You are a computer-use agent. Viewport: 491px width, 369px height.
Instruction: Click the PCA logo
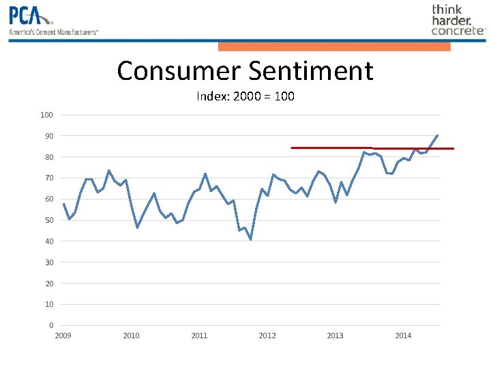tap(53, 20)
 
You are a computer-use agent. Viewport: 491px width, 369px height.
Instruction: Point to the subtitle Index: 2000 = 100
tap(245, 96)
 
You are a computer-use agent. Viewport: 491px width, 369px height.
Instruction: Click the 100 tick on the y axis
tap(46, 115)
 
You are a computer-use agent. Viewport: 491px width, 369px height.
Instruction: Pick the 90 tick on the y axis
tap(48, 136)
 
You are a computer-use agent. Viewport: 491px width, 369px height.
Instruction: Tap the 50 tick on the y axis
tap(48, 220)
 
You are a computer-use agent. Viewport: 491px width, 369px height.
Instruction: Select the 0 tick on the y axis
tap(51, 325)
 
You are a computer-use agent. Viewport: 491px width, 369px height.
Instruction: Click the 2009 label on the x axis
tap(63, 336)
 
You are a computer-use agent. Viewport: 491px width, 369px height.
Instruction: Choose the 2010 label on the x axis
tap(131, 336)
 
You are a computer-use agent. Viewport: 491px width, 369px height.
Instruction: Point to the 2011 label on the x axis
tap(199, 336)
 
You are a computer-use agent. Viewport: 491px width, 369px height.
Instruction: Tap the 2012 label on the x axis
tap(267, 336)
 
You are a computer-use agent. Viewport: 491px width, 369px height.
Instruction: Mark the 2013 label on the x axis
tap(336, 336)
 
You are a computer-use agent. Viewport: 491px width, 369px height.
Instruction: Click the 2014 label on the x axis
tap(404, 336)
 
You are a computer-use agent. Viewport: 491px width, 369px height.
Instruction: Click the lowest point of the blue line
tap(251, 239)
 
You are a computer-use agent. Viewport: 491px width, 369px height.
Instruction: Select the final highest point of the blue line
tap(437, 135)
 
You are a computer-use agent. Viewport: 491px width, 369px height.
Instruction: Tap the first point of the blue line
tap(63, 204)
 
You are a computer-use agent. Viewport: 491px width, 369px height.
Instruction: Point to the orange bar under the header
tap(334, 46)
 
